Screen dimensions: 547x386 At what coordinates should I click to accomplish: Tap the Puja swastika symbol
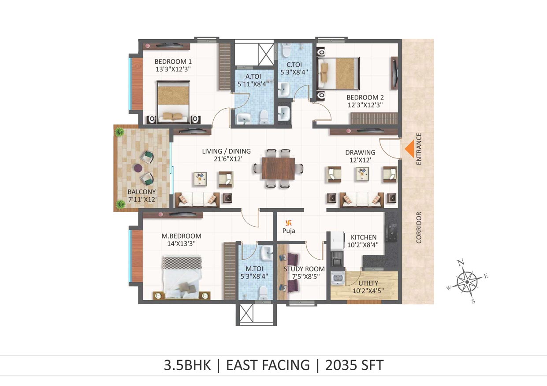(x=288, y=223)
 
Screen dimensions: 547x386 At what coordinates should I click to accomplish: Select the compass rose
(x=467, y=282)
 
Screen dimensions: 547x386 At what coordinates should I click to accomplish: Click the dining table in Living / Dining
(x=279, y=169)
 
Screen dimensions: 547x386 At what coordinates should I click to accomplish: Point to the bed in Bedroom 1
(x=173, y=102)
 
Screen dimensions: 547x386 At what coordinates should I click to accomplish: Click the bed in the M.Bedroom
(x=182, y=277)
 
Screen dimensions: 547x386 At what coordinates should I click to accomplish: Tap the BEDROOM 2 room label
(x=365, y=98)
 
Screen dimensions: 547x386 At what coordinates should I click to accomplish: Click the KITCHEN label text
(x=364, y=237)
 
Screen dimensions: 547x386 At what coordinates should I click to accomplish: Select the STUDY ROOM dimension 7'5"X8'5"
(x=306, y=276)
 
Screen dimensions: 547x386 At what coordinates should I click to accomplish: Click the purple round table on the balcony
(x=138, y=168)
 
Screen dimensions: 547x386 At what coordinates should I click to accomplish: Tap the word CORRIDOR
(x=419, y=228)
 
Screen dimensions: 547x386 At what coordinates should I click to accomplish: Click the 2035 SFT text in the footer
(x=354, y=365)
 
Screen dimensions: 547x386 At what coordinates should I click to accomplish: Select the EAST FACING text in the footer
(x=268, y=365)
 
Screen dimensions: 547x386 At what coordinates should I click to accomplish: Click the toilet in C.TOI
(x=285, y=51)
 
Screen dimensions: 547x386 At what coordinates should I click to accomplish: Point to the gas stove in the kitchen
(x=391, y=232)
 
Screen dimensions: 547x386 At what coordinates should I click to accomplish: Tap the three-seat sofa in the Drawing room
(x=362, y=200)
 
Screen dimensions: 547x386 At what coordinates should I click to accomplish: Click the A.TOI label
(x=253, y=77)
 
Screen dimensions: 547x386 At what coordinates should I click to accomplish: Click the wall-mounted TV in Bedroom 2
(x=395, y=73)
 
